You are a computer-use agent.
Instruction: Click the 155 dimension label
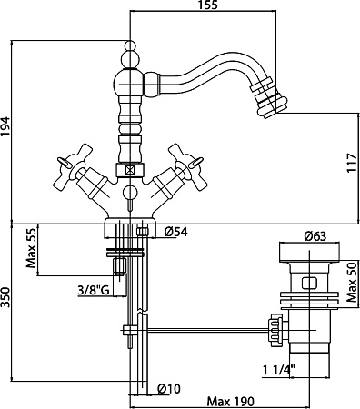point(208,5)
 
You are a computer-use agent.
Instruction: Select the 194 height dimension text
point(5,127)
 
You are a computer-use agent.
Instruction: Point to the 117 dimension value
point(353,164)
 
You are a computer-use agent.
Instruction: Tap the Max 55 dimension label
point(31,248)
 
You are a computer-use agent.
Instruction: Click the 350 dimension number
point(5,297)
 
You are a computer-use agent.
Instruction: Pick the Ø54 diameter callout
point(176,232)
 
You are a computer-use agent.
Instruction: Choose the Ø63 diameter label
point(315,236)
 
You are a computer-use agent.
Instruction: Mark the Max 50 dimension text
point(353,284)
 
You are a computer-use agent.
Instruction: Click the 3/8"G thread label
point(93,291)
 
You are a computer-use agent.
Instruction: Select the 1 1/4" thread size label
point(279,370)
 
